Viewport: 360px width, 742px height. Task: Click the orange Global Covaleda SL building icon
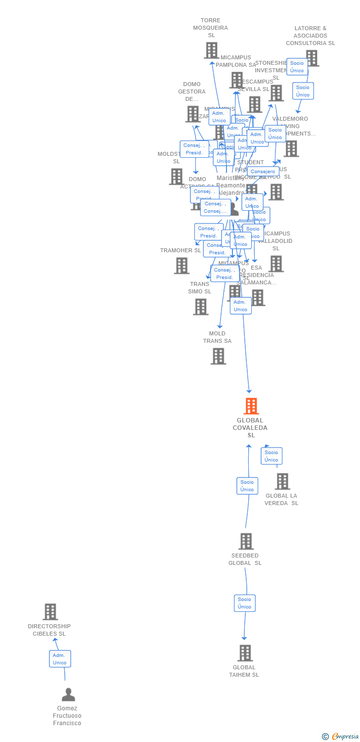click(x=251, y=406)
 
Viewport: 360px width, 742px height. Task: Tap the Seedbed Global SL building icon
click(x=246, y=541)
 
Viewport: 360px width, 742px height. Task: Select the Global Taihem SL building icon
click(x=245, y=653)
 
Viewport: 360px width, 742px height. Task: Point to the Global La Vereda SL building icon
click(x=282, y=481)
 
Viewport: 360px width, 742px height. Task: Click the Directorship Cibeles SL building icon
click(x=50, y=612)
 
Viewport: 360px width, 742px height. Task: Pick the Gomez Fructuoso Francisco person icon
click(x=68, y=695)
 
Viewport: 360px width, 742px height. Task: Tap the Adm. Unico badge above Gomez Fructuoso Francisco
click(x=60, y=659)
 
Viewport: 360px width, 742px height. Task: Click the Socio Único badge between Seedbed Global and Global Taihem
click(x=245, y=603)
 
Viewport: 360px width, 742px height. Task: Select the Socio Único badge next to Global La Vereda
click(x=271, y=456)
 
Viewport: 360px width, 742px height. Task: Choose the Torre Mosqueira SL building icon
click(x=211, y=50)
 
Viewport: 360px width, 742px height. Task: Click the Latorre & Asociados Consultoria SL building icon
click(x=312, y=58)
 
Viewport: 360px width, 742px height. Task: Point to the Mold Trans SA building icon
click(x=218, y=356)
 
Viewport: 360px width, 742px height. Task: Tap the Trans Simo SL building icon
click(x=200, y=307)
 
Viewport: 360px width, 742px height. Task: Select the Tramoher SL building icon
click(x=181, y=266)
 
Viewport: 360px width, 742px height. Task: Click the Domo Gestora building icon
click(x=192, y=114)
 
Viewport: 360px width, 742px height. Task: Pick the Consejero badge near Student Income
click(x=263, y=172)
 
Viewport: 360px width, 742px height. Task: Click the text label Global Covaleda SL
click(x=251, y=428)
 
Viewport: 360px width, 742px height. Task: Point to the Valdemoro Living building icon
click(x=291, y=148)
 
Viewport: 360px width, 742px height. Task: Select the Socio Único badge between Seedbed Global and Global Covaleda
click(x=247, y=486)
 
